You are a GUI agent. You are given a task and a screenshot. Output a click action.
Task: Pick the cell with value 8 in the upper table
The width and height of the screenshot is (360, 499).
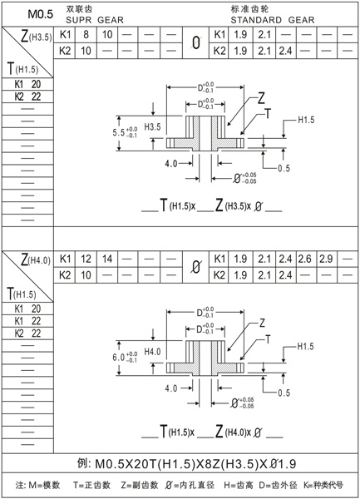[86, 35]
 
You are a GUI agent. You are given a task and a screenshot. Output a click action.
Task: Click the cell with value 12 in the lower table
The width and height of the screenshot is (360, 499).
[86, 259]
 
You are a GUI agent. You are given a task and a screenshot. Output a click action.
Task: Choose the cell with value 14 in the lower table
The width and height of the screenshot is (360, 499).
[106, 259]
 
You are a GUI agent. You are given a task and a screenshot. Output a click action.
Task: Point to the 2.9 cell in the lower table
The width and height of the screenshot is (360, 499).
[325, 259]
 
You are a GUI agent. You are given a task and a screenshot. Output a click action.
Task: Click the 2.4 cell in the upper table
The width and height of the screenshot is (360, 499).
[283, 51]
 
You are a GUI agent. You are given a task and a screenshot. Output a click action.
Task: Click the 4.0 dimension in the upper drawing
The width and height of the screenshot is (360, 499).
[172, 164]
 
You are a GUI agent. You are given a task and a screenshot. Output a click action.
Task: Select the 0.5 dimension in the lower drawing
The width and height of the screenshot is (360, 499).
[284, 392]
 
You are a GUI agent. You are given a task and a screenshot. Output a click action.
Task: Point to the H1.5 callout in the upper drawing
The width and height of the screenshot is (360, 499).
[305, 121]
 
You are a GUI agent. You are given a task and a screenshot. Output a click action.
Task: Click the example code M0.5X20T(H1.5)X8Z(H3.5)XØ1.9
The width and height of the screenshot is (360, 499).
[180, 462]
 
